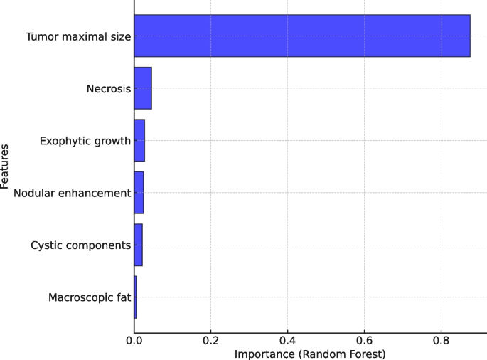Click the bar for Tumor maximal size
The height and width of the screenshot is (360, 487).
(x=302, y=36)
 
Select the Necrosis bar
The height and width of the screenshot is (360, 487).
(x=143, y=88)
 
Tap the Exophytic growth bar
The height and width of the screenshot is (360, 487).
(x=139, y=140)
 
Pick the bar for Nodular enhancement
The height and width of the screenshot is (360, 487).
(x=139, y=193)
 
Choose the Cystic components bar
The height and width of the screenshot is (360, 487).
(x=138, y=245)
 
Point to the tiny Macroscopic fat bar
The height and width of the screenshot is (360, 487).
(x=135, y=297)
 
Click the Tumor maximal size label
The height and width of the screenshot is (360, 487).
(x=78, y=36)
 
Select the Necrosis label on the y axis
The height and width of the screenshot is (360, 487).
(x=109, y=88)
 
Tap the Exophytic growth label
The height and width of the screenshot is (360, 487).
(x=85, y=141)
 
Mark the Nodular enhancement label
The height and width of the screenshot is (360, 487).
(x=73, y=193)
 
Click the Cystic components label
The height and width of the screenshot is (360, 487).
(x=81, y=245)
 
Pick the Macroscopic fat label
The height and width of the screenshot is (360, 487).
(x=90, y=297)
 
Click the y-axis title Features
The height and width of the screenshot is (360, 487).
(x=6, y=166)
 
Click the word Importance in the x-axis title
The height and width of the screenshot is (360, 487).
(x=262, y=354)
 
